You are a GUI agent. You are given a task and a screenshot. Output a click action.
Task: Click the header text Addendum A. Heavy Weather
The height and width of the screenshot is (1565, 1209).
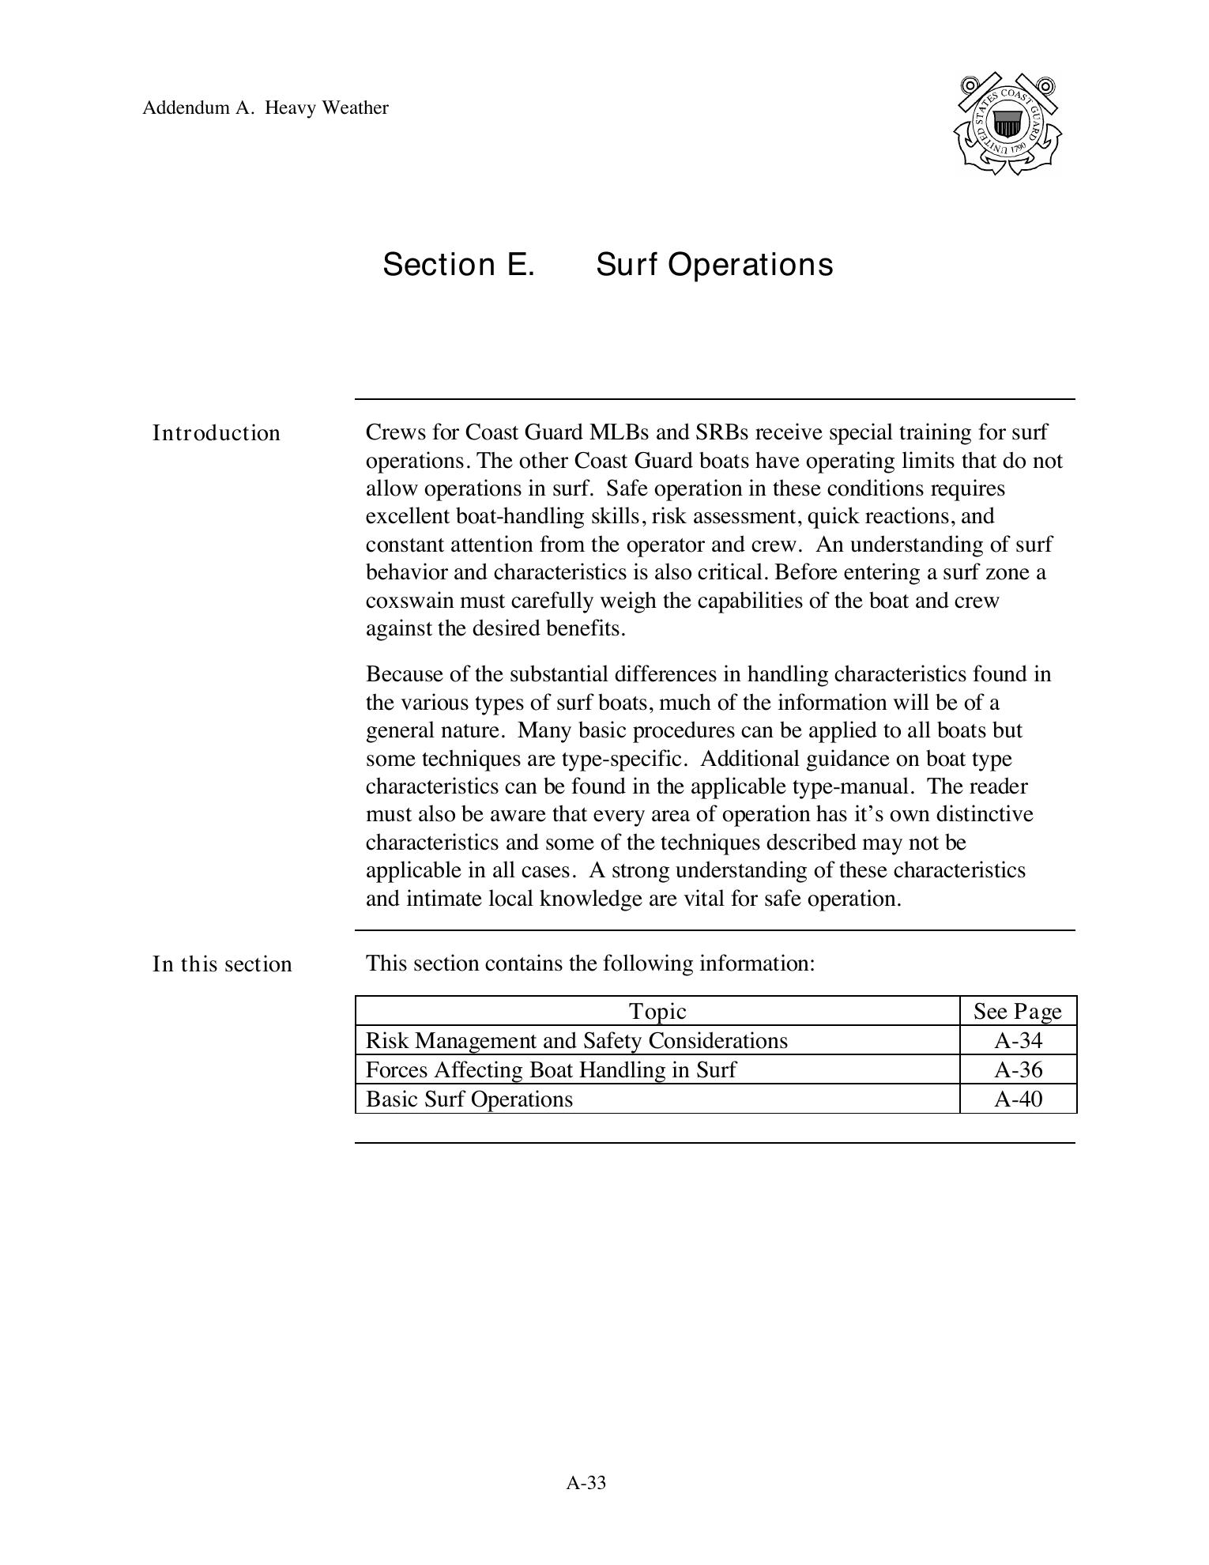coord(265,107)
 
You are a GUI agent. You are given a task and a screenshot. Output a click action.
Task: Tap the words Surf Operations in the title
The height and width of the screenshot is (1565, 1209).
coord(714,264)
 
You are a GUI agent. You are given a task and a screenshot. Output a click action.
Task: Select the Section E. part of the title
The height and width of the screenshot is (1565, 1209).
coord(458,264)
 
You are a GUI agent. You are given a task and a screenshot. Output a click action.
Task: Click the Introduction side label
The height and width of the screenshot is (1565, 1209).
coord(216,433)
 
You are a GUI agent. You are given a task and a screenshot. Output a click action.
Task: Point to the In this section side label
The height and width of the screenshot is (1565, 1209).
coord(222,964)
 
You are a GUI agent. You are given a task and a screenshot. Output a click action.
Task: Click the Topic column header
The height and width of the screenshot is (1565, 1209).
coord(657,1011)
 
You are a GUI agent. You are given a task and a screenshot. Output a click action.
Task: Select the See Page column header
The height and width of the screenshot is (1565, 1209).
coord(1017,1011)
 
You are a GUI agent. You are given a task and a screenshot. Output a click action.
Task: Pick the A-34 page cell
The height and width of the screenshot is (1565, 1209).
coord(1018,1040)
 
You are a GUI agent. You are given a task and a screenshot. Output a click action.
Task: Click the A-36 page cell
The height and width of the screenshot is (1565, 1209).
coord(1018,1069)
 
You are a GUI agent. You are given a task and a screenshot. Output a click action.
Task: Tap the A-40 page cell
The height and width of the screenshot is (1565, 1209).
coord(1018,1099)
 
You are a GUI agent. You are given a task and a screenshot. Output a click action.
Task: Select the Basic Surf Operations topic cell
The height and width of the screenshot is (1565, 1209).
coord(469,1099)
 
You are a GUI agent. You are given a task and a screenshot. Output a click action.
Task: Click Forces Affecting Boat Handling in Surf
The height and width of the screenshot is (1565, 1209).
coord(550,1069)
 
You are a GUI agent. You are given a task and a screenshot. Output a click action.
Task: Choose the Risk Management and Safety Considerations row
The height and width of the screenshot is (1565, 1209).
coord(576,1040)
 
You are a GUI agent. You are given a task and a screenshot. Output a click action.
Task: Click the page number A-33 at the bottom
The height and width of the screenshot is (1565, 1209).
coord(586,1483)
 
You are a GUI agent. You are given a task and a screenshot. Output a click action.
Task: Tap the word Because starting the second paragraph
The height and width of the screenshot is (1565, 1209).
coord(404,674)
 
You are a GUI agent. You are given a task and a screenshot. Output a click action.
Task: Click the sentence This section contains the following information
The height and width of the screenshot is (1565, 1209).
coord(589,964)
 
